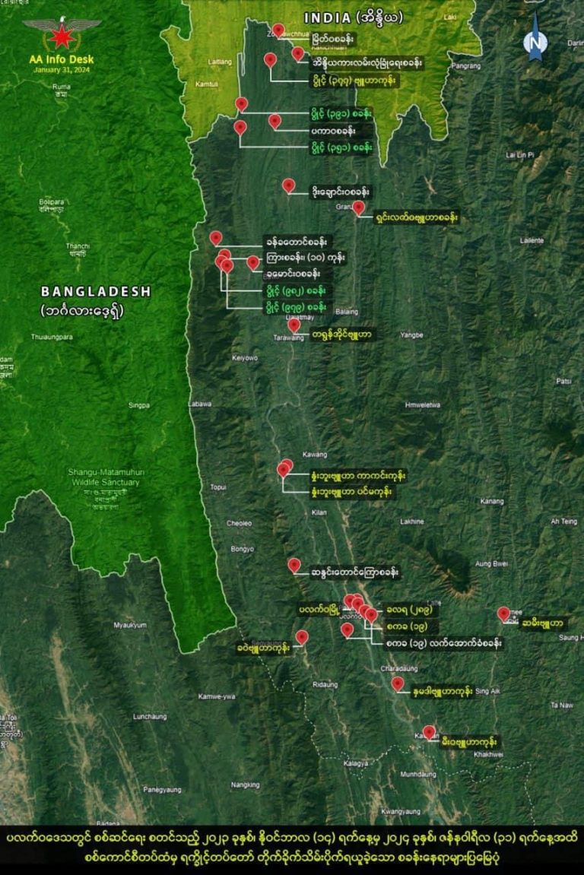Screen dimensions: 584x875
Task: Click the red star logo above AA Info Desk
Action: [62, 35]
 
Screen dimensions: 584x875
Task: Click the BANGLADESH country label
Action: [96, 291]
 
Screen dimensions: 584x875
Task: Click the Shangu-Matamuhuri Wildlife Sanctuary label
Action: [106, 477]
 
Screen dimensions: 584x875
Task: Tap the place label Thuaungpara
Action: [52, 337]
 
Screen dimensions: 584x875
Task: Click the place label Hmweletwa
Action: [423, 405]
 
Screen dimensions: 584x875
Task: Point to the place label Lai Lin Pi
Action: [520, 155]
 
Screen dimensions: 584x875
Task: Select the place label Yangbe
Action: [411, 334]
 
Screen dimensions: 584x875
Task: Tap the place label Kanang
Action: [492, 501]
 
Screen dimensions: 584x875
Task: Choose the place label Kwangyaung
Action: [401, 812]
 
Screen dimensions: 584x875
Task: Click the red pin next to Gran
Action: [358, 207]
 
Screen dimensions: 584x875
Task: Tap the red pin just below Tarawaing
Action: [294, 325]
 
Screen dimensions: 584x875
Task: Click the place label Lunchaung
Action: [149, 716]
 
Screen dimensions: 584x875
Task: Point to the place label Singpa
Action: [139, 405]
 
